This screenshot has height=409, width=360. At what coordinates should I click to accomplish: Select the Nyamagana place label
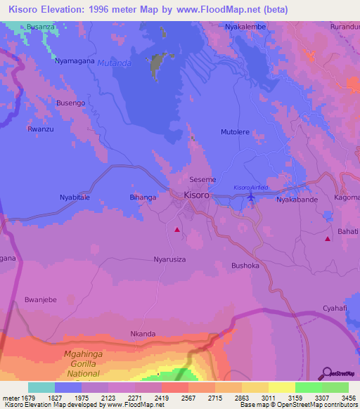pyautogui.click(x=75, y=61)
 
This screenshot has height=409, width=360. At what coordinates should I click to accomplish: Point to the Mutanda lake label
pyautogui.click(x=115, y=63)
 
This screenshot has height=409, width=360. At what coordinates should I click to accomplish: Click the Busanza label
pyautogui.click(x=41, y=27)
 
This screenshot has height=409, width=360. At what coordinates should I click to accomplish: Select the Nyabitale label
pyautogui.click(x=75, y=198)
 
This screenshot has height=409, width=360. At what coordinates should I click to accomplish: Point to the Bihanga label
pyautogui.click(x=143, y=197)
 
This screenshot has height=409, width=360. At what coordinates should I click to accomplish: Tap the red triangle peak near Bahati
pyautogui.click(x=328, y=240)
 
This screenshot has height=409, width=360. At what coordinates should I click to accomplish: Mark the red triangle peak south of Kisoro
pyautogui.click(x=177, y=229)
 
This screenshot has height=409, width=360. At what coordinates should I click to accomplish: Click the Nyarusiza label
pyautogui.click(x=170, y=259)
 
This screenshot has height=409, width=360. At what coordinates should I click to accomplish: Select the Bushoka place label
pyautogui.click(x=245, y=266)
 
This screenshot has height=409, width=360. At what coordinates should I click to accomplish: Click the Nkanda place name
pyautogui.click(x=143, y=334)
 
